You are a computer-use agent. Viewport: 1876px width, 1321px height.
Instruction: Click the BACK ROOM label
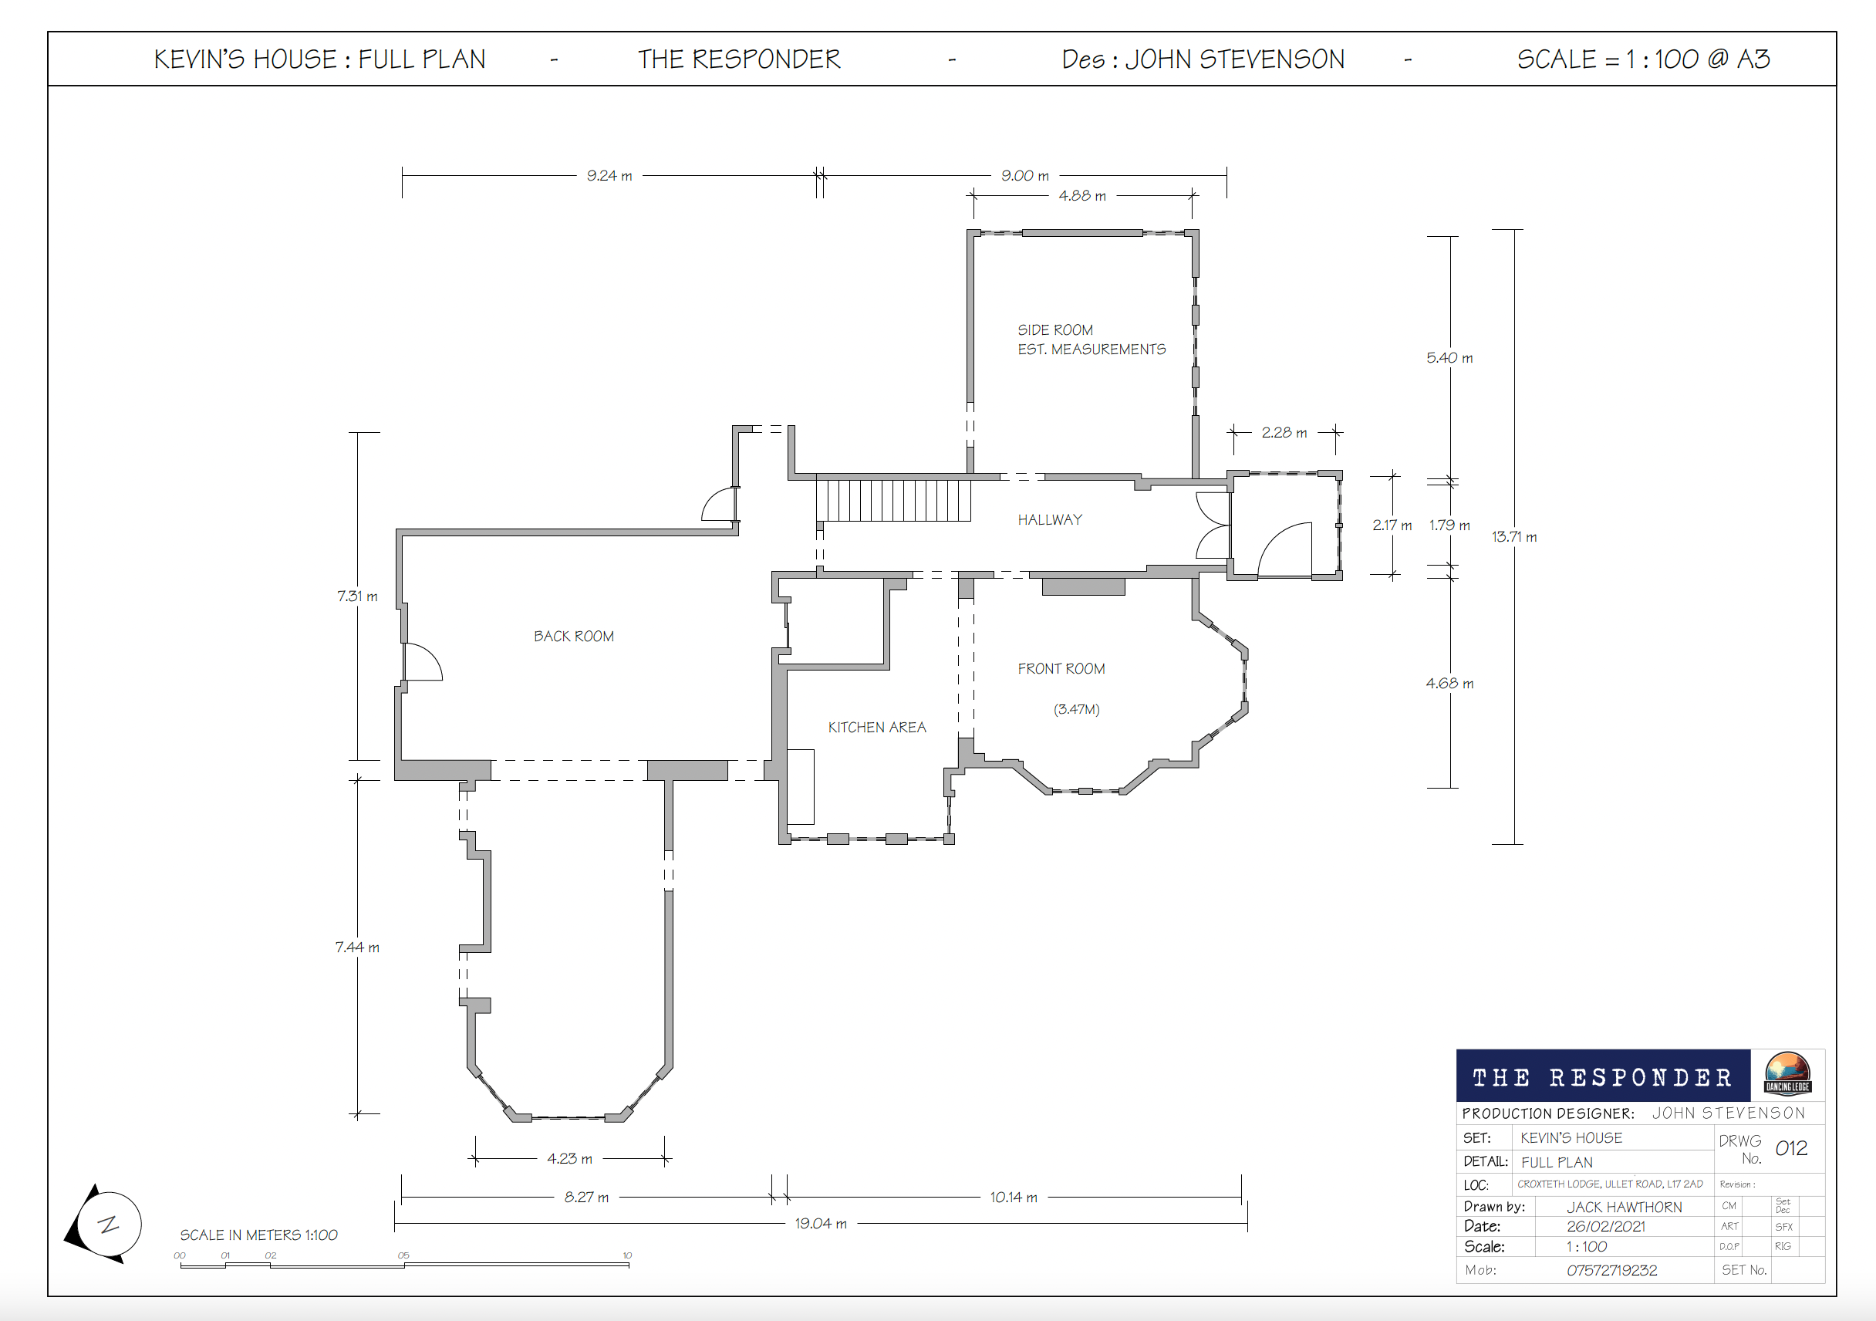[x=574, y=636]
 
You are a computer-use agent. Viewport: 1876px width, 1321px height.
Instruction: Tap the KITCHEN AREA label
[x=877, y=727]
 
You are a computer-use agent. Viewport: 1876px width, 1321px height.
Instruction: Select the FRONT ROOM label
[x=1061, y=669]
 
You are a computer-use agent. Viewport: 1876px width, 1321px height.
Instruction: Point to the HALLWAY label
[x=1050, y=519]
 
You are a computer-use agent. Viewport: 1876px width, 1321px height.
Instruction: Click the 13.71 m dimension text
[x=1514, y=536]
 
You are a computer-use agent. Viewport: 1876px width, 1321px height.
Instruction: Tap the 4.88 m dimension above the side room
[x=1081, y=195]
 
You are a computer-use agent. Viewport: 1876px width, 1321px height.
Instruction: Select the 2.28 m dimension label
[x=1284, y=431]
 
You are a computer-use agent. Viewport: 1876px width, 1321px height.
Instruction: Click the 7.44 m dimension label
[x=357, y=947]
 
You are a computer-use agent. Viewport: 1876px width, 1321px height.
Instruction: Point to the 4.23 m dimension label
[x=569, y=1158]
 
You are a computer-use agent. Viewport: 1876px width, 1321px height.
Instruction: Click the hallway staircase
[x=893, y=499]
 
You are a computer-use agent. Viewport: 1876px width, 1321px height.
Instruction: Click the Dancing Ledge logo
[x=1788, y=1073]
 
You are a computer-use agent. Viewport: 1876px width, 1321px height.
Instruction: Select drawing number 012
[x=1791, y=1147]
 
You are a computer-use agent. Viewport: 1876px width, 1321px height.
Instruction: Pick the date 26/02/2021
[x=1605, y=1226]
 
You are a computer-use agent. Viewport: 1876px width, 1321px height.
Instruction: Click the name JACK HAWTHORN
[x=1624, y=1207]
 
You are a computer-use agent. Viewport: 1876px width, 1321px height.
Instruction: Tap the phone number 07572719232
[x=1611, y=1270]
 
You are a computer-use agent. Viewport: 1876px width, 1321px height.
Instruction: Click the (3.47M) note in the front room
[x=1076, y=709]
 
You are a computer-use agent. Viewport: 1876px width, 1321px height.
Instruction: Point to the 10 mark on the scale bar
[x=627, y=1255]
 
